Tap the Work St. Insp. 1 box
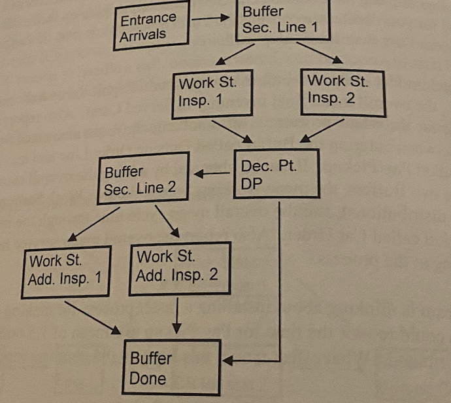pyautogui.click(x=212, y=94)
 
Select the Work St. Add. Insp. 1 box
pyautogui.click(x=64, y=271)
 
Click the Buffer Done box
pyautogui.click(x=171, y=367)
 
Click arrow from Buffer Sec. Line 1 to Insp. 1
pyautogui.click(x=235, y=54)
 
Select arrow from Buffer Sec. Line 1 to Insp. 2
pyautogui.click(x=318, y=52)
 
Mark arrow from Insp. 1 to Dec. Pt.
pyautogui.click(x=233, y=130)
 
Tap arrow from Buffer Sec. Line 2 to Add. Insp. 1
pyautogui.click(x=93, y=224)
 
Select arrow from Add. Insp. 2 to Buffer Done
pyautogui.click(x=178, y=315)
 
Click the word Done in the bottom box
pyautogui.click(x=148, y=377)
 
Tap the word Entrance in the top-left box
pyautogui.click(x=148, y=19)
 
